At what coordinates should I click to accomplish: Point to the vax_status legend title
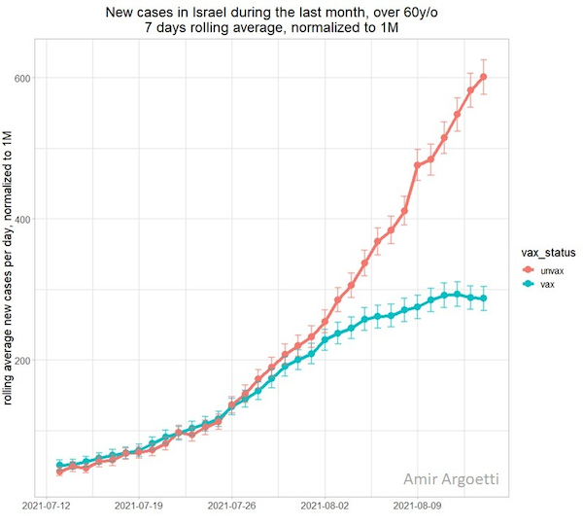click(546, 251)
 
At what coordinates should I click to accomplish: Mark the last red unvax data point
click(484, 77)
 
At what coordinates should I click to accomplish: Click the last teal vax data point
click(484, 298)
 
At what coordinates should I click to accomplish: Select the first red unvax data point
click(60, 472)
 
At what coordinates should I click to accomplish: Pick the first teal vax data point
click(60, 465)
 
